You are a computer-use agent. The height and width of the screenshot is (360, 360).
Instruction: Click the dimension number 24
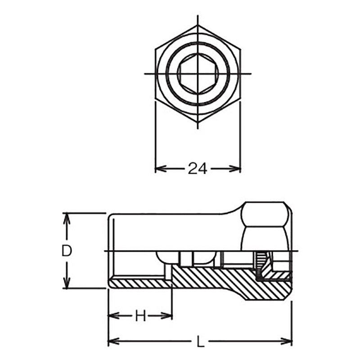[x=197, y=169]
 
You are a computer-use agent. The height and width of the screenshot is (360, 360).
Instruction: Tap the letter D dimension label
[x=67, y=251]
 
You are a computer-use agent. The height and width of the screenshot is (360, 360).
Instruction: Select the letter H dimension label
[x=140, y=316]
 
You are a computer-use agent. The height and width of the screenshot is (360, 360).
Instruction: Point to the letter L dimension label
[x=201, y=342]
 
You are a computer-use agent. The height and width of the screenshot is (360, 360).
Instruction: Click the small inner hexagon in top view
[x=197, y=73]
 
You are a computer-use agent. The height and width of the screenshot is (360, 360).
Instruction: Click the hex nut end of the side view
[x=265, y=225]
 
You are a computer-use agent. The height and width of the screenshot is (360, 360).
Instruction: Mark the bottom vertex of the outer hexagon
[x=197, y=122]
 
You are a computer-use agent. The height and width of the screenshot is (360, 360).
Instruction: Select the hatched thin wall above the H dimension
[x=139, y=283]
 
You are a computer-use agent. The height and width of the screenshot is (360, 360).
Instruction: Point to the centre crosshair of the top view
[x=197, y=73]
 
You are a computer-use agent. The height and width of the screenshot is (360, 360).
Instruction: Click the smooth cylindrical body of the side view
[x=171, y=229]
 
